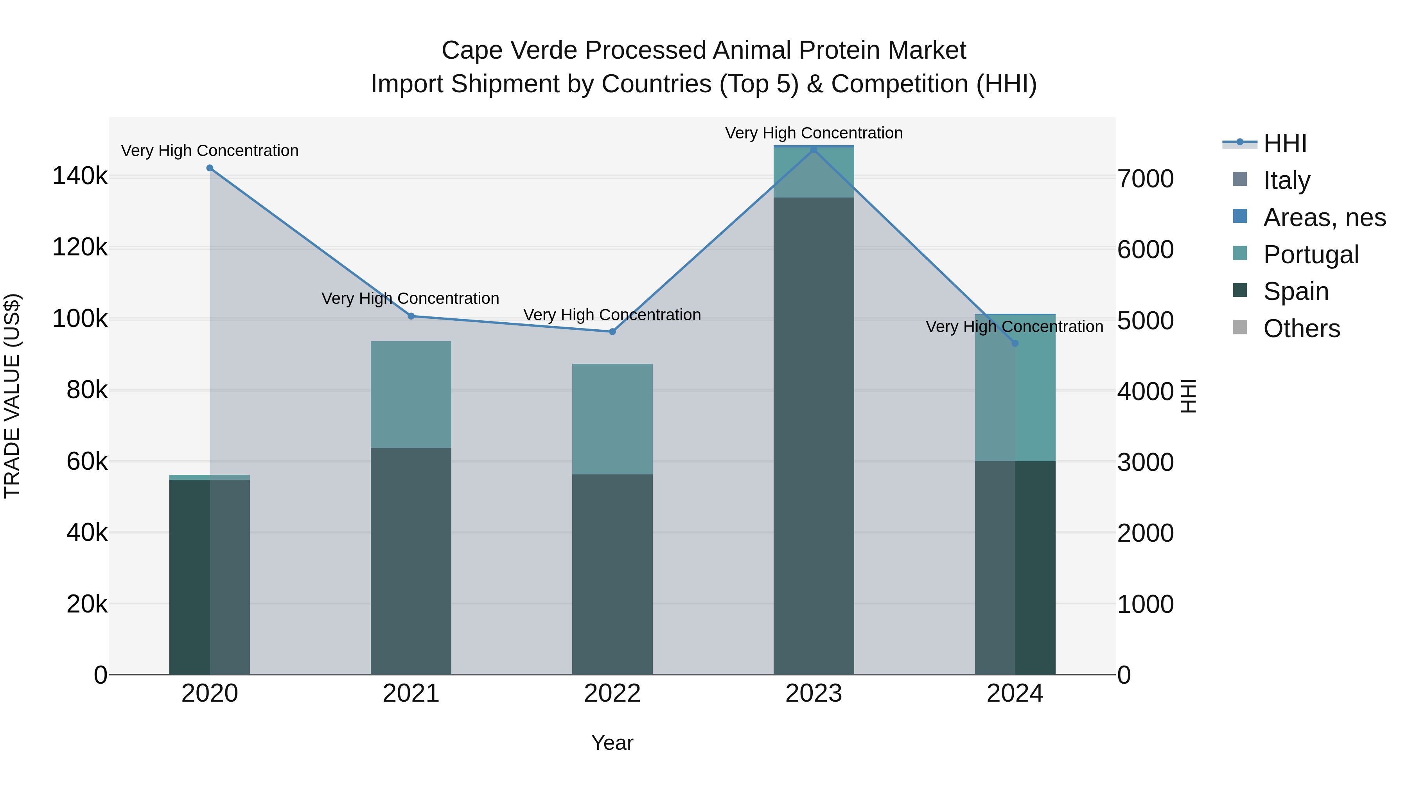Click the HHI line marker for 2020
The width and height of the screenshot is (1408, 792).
click(x=210, y=168)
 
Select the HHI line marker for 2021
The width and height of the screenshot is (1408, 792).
click(x=411, y=316)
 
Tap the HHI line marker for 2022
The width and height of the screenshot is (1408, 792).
click(x=612, y=332)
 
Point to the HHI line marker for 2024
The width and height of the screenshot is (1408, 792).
click(x=1015, y=343)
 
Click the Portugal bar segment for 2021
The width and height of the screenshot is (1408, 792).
click(x=411, y=395)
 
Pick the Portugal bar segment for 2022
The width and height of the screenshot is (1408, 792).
click(x=612, y=419)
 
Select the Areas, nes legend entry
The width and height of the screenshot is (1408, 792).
click(x=1324, y=217)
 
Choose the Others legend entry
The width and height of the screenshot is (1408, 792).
click(x=1301, y=329)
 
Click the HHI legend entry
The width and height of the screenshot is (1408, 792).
click(x=1284, y=143)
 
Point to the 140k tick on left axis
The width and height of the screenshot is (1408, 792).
click(x=80, y=176)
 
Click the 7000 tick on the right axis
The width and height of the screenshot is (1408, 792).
click(x=1145, y=179)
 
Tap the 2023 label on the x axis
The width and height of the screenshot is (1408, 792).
click(x=814, y=693)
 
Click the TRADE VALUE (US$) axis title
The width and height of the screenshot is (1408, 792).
click(x=12, y=396)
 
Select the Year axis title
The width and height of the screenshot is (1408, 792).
click(x=612, y=743)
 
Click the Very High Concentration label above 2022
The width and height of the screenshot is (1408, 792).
click(x=612, y=315)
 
